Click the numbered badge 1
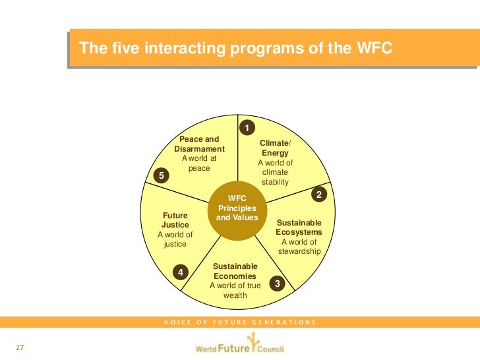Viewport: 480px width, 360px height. coord(247,127)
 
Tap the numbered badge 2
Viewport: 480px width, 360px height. coord(318,195)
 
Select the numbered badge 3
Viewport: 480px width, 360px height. coord(278,284)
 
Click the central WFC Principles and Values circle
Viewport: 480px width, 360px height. coord(237,208)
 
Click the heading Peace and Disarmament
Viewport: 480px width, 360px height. coord(199,144)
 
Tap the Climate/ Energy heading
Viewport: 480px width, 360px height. coord(275,148)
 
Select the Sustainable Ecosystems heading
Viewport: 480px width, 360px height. coord(299,227)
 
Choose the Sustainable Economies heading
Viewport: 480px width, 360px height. coord(235,271)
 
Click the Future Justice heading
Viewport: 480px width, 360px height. coord(175,220)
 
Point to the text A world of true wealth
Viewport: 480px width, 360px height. coord(235,290)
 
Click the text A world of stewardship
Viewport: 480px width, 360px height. coord(299,247)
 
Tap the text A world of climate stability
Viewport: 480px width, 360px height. coord(275,172)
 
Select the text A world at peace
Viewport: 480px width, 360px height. coord(198,164)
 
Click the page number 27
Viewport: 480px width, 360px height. coord(20,347)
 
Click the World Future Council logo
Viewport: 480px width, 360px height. coord(239,345)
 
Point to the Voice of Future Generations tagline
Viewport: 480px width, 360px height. coord(240,322)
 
